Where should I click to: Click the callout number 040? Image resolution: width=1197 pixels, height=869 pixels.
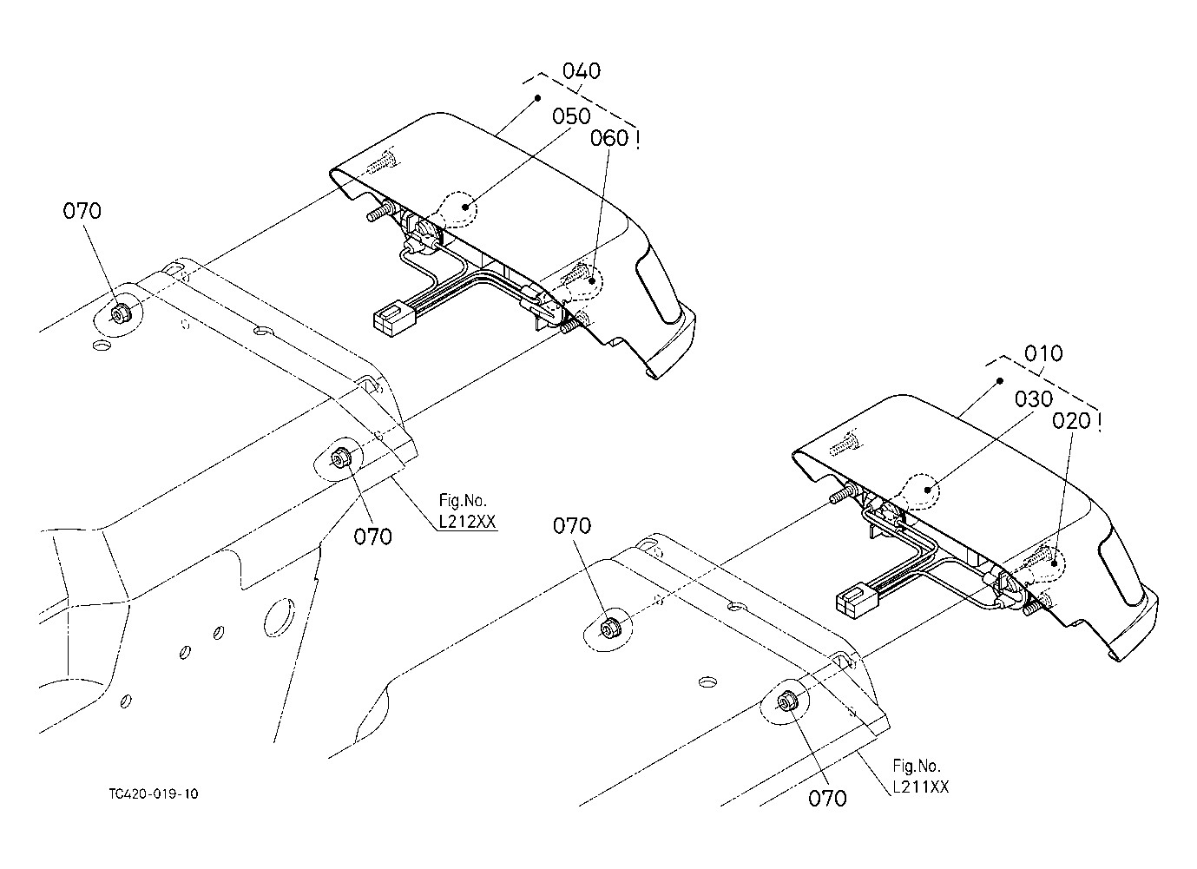[582, 71]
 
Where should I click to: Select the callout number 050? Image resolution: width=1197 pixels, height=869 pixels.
[571, 116]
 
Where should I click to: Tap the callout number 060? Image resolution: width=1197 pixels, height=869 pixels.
[608, 137]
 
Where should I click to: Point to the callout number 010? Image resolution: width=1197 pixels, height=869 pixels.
[1042, 354]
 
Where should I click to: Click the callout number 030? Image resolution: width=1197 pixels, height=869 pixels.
[1033, 399]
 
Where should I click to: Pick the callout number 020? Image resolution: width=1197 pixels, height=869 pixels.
[1070, 420]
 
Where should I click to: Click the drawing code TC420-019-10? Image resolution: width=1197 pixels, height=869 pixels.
[154, 793]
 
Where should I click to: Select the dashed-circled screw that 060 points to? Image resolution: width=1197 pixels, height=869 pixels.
[579, 277]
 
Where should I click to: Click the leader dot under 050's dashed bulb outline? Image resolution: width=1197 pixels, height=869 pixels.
[467, 207]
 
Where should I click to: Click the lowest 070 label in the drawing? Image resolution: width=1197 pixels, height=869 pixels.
[826, 798]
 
